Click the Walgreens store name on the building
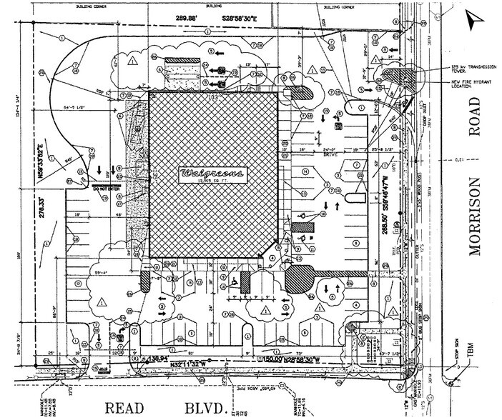[212, 174]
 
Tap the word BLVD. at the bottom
[207, 409]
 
